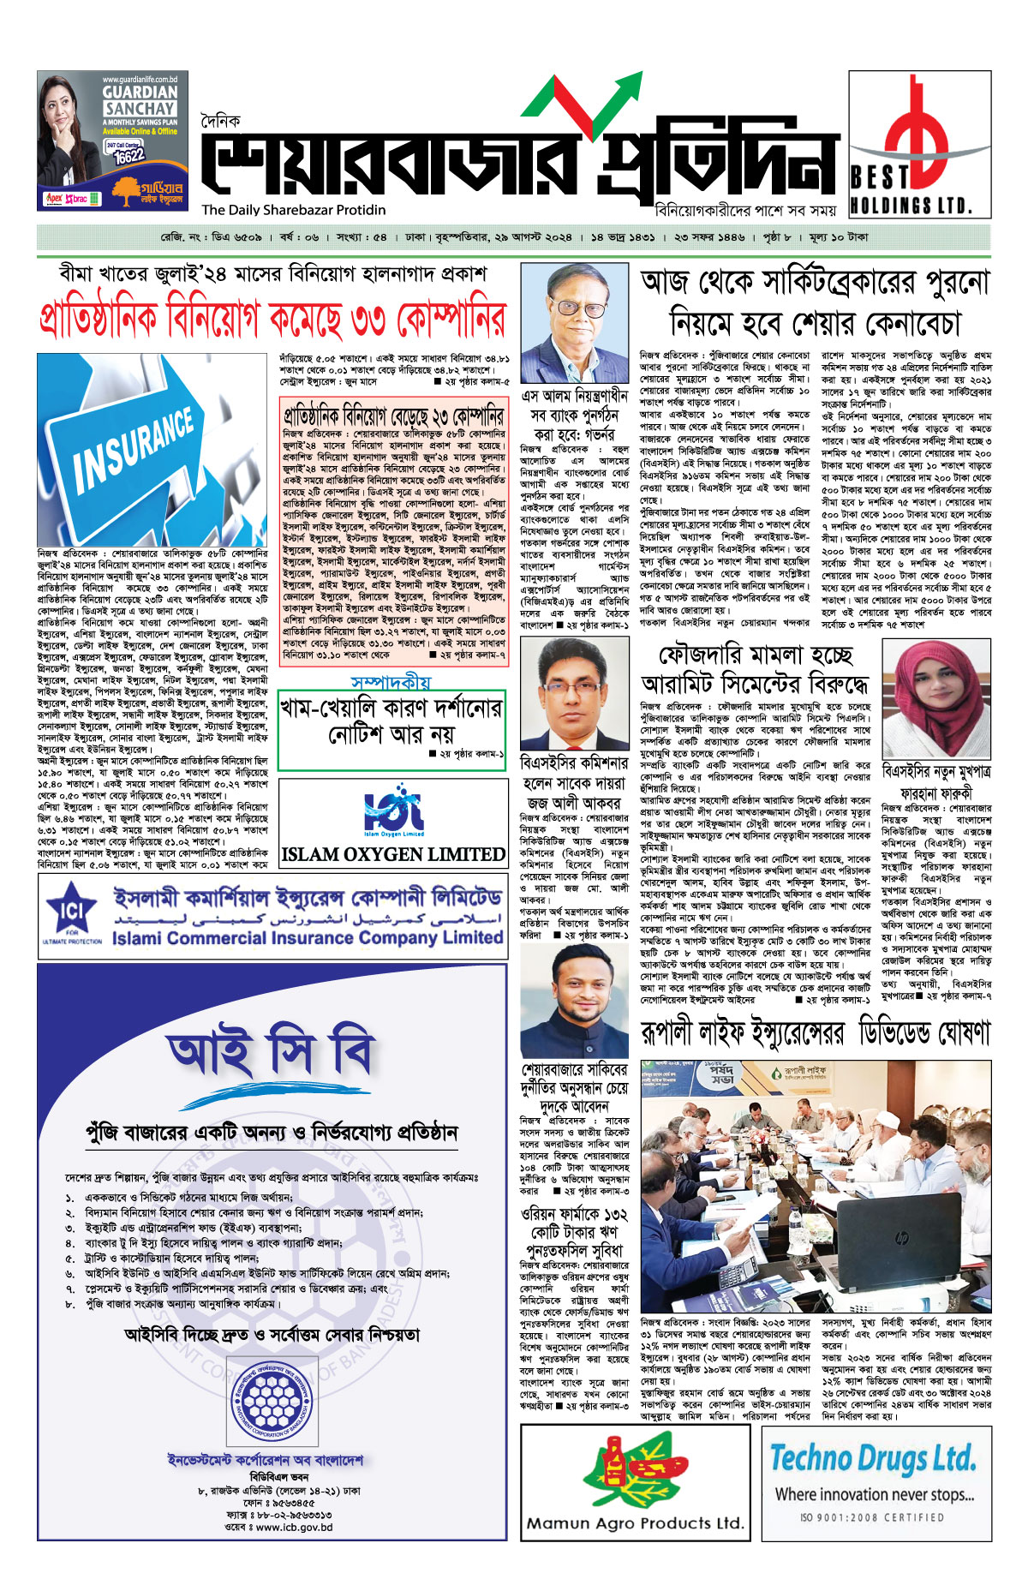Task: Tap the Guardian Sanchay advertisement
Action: click(112, 141)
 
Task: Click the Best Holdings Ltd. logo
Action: click(919, 144)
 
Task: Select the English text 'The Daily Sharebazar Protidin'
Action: click(294, 210)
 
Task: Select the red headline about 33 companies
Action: click(272, 320)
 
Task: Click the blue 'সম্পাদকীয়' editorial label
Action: click(391, 683)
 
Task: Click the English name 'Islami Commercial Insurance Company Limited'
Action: click(308, 937)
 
